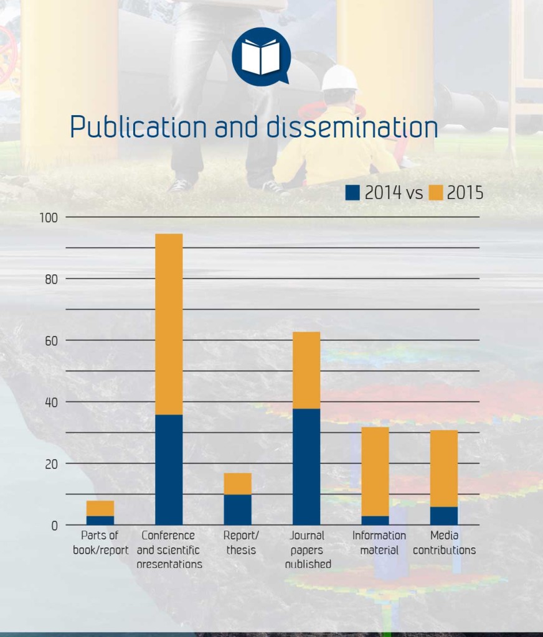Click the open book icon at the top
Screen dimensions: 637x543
261,56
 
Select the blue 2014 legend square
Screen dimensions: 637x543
353,193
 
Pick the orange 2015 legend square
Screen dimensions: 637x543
436,193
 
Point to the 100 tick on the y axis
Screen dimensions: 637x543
49,218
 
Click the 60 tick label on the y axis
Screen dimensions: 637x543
50,341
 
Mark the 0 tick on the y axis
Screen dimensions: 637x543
54,526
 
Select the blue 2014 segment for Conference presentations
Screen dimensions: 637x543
169,469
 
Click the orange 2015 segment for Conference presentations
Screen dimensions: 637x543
169,323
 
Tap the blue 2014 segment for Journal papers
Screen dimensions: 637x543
306,467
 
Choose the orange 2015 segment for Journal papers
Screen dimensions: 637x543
306,370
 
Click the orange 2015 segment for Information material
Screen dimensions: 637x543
375,471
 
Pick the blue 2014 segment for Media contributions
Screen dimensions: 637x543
444,516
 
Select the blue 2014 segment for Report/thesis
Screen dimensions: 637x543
238,509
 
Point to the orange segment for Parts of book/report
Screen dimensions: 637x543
100,508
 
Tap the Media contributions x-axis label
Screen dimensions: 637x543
445,542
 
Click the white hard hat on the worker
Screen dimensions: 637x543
339,78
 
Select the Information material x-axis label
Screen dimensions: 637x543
379,542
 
